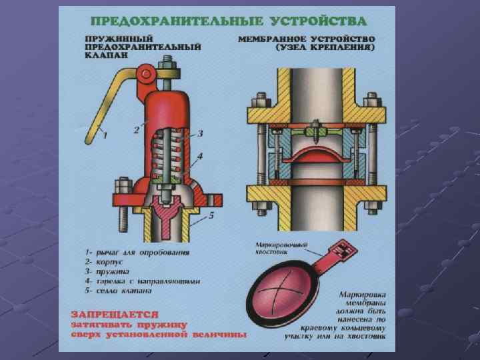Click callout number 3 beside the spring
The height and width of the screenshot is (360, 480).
tap(199, 134)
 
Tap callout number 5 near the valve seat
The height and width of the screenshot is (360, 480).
tap(211, 215)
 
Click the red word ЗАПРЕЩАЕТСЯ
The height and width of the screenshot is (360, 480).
tap(116, 313)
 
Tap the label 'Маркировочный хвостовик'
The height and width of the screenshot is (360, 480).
tap(281, 249)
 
